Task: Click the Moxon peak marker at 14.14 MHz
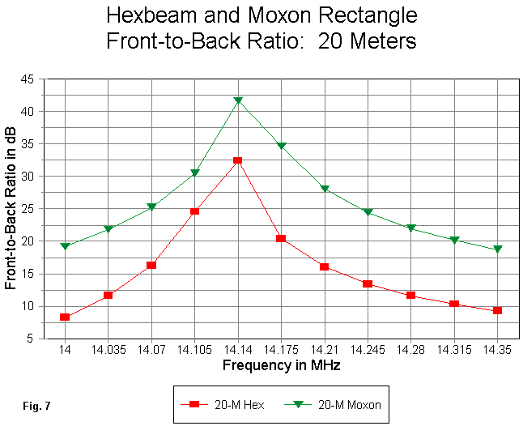(x=238, y=100)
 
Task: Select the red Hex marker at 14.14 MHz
(x=238, y=160)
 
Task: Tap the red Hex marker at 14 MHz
(x=65, y=317)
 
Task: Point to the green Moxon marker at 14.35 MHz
(x=498, y=249)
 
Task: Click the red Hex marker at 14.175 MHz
(x=281, y=238)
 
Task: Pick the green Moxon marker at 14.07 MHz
(x=151, y=207)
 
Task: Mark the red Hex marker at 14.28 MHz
(x=411, y=296)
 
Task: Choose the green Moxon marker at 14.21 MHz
(x=325, y=189)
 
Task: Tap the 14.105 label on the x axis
(x=194, y=351)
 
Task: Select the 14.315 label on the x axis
(x=454, y=351)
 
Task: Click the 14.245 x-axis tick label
(x=368, y=351)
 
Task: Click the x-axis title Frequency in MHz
(x=281, y=365)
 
